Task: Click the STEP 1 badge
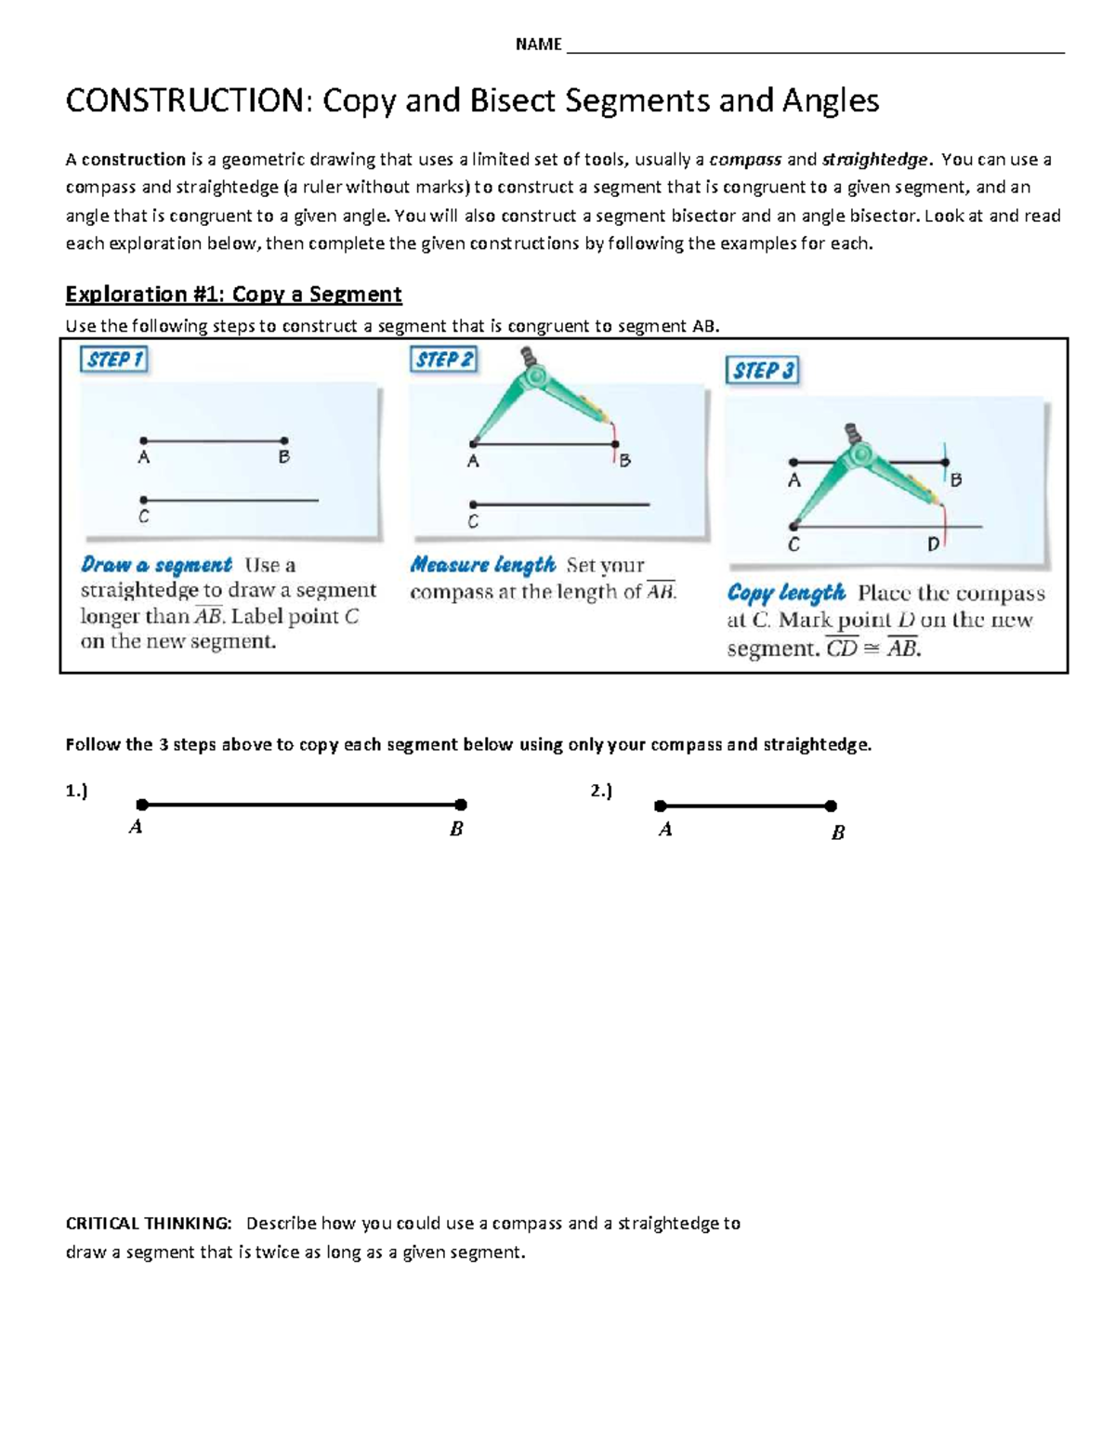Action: [x=114, y=360]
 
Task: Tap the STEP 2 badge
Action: [x=443, y=360]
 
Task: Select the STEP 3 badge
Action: [x=762, y=371]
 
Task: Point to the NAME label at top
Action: [x=538, y=45]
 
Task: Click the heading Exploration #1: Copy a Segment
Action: [x=233, y=295]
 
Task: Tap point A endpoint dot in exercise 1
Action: [x=142, y=805]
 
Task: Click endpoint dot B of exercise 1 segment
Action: [x=461, y=805]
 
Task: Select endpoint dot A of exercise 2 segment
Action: [x=661, y=807]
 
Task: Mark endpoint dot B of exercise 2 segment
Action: [x=831, y=807]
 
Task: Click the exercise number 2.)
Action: [x=601, y=791]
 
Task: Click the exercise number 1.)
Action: [x=76, y=791]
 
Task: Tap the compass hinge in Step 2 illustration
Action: [x=535, y=376]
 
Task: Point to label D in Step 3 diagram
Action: [x=933, y=545]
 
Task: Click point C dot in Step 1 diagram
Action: [x=144, y=500]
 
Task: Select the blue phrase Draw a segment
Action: [x=156, y=565]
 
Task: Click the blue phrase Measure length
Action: [x=482, y=565]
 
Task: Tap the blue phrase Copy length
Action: [x=786, y=593]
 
